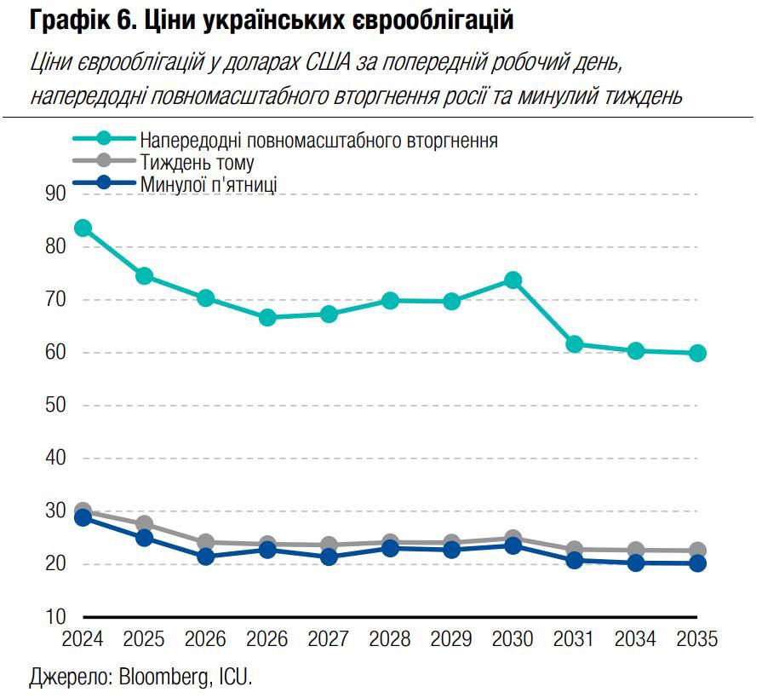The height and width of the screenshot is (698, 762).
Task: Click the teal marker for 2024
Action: pyautogui.click(x=83, y=228)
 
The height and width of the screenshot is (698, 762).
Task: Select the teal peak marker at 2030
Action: pyautogui.click(x=513, y=280)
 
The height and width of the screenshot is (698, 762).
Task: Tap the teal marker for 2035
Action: pyautogui.click(x=697, y=353)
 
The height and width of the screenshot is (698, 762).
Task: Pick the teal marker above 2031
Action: pyautogui.click(x=574, y=344)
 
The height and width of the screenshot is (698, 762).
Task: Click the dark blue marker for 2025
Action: pyautogui.click(x=144, y=538)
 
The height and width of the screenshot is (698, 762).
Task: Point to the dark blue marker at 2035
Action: pyautogui.click(x=697, y=563)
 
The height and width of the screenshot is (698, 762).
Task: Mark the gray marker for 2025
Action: pyautogui.click(x=144, y=524)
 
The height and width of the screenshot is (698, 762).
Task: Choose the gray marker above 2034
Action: pyautogui.click(x=636, y=551)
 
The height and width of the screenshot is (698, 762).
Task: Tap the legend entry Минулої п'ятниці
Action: pyautogui.click(x=209, y=183)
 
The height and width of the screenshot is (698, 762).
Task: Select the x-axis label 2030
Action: pyautogui.click(x=513, y=639)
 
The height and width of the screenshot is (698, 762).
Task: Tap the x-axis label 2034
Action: pyautogui.click(x=636, y=639)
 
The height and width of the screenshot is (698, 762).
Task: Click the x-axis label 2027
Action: pyautogui.click(x=329, y=639)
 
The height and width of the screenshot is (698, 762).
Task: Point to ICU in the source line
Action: pyautogui.click(x=238, y=678)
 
